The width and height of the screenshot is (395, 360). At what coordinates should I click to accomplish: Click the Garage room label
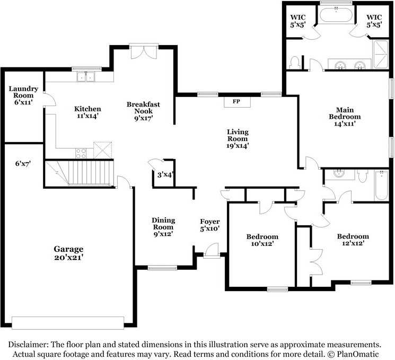click(x=68, y=253)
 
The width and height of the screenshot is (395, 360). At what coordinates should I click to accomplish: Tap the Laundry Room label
click(x=23, y=95)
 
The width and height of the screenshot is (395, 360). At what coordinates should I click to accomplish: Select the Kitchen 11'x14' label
click(x=87, y=112)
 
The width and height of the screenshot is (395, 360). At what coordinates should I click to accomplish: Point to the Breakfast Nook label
click(x=143, y=111)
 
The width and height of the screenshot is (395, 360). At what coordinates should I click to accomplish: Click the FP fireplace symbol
click(x=237, y=102)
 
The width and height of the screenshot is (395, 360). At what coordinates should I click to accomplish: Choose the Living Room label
click(x=238, y=138)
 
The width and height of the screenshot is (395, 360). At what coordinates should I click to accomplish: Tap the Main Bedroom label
click(x=345, y=117)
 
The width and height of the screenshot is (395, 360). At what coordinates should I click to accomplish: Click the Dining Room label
click(x=163, y=227)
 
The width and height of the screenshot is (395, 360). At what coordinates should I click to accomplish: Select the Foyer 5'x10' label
click(x=210, y=225)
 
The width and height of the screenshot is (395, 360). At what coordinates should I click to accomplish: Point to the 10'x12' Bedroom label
click(x=262, y=240)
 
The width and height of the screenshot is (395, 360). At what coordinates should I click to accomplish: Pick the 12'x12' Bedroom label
click(x=353, y=240)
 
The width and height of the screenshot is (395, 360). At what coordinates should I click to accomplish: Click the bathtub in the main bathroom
click(x=336, y=15)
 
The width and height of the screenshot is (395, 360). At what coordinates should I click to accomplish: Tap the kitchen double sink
click(x=86, y=76)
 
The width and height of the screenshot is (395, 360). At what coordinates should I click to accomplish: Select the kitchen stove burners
click(x=81, y=153)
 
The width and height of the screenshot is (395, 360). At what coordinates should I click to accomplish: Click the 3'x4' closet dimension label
click(x=165, y=174)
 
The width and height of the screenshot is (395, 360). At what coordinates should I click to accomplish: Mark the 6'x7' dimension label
click(x=23, y=163)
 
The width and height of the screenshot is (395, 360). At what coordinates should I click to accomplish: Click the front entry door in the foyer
click(x=212, y=251)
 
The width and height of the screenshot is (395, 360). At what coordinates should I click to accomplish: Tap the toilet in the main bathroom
click(x=294, y=63)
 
